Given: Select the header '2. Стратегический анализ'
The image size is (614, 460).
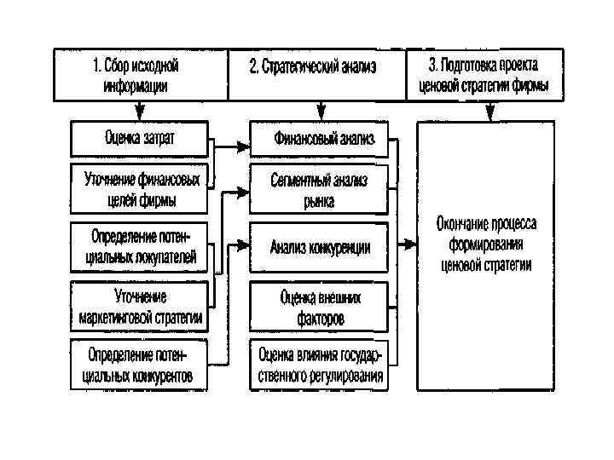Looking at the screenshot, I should click(316, 75).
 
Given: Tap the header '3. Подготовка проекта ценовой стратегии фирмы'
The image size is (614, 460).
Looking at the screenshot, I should click(489, 75).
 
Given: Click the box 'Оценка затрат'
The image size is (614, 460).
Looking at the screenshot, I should click(140, 138).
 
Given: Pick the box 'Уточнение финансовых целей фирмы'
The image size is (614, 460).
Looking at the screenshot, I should click(140, 189).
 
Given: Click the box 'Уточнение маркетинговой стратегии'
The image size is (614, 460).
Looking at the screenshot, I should click(140, 307).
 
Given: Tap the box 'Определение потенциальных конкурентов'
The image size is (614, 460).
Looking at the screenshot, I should click(140, 364).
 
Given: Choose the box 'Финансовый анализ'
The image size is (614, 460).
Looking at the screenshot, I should click(318, 138).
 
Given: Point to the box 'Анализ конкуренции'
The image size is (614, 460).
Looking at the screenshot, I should click(318, 247).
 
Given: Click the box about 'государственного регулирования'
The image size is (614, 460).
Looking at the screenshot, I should click(318, 364).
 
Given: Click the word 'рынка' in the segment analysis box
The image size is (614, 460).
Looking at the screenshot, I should click(318, 201).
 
